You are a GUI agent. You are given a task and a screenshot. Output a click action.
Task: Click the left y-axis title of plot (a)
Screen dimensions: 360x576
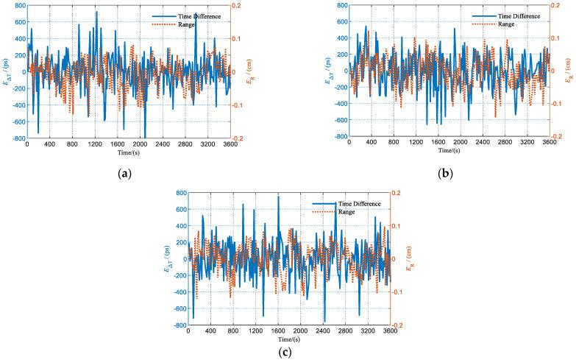pyautogui.click(x=5, y=71)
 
